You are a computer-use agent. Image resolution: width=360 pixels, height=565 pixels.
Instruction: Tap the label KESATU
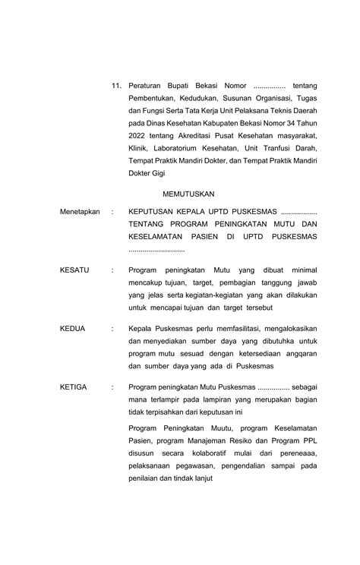tap(74, 270)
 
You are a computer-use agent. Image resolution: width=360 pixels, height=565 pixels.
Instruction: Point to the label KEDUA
tap(73, 328)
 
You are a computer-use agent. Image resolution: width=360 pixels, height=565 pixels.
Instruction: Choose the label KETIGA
tap(74, 387)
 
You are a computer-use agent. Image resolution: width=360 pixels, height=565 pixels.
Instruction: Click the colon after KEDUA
tap(112, 328)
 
